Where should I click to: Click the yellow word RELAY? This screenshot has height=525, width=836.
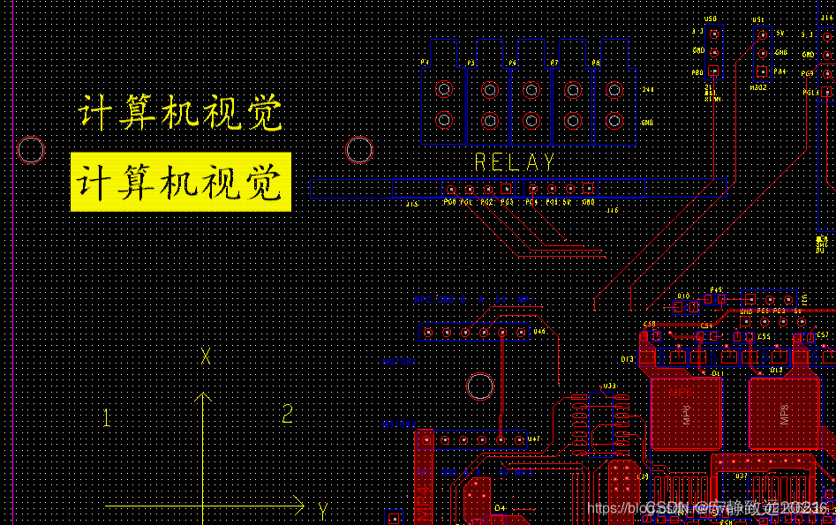tap(515, 162)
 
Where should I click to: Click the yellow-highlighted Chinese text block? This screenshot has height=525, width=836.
tap(181, 182)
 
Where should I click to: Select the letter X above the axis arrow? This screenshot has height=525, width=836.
tap(206, 356)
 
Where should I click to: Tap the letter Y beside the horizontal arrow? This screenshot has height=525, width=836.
tap(323, 510)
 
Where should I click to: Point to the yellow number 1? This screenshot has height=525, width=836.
tap(107, 418)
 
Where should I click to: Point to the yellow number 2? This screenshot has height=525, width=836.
tap(287, 413)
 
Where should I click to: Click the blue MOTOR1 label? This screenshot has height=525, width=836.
tap(397, 362)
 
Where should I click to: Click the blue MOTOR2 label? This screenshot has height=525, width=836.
tap(400, 425)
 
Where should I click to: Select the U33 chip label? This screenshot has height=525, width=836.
tap(609, 386)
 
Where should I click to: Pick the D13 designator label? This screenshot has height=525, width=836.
tap(628, 359)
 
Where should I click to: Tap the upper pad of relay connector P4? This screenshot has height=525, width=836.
tap(444, 89)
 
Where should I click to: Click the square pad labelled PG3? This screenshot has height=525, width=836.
tap(507, 189)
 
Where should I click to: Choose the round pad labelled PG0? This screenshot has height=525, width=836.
tap(451, 189)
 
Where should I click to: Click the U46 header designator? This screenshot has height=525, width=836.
tap(539, 332)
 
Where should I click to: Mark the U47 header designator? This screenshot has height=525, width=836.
tap(533, 439)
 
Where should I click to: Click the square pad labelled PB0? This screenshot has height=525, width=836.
tap(714, 71)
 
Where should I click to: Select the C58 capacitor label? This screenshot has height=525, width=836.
tap(651, 324)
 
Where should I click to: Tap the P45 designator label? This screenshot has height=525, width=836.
tap(716, 289)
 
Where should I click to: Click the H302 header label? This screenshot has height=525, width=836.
tap(758, 87)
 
